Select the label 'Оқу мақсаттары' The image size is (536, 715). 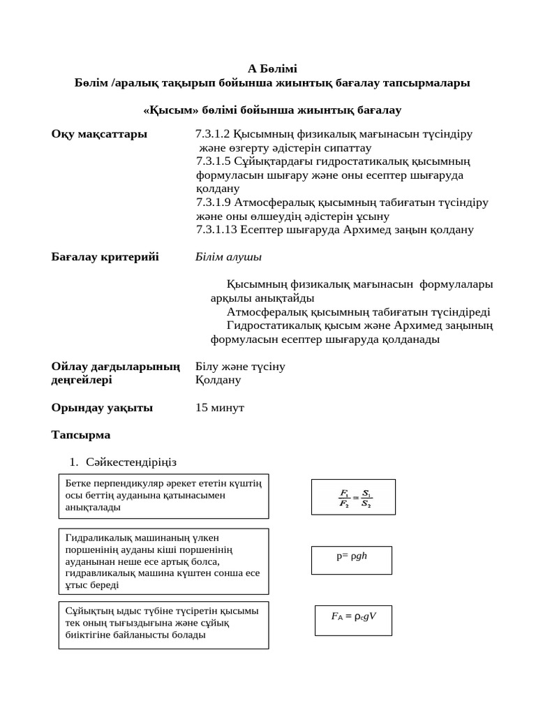point(99,134)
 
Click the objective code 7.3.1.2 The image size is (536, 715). point(213,134)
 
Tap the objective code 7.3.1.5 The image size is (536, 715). point(213,161)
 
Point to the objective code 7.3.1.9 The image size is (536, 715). point(213,202)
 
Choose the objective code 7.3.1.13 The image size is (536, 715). point(216,230)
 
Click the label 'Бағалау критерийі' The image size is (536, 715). point(105,257)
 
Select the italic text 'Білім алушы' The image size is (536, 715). point(229,257)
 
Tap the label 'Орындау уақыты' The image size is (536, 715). point(102,407)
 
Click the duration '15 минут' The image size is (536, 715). point(220,407)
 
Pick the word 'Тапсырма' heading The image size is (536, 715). point(81,434)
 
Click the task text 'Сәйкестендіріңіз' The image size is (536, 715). point(131,462)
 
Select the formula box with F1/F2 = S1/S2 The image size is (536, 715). point(353,497)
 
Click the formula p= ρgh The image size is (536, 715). point(352,557)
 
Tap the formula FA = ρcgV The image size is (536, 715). point(353,617)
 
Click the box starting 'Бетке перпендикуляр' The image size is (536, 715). point(163,495)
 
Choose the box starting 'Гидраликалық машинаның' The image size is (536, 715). point(163,561)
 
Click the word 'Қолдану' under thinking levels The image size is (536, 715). point(218,380)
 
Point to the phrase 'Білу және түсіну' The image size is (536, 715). point(240,367)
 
